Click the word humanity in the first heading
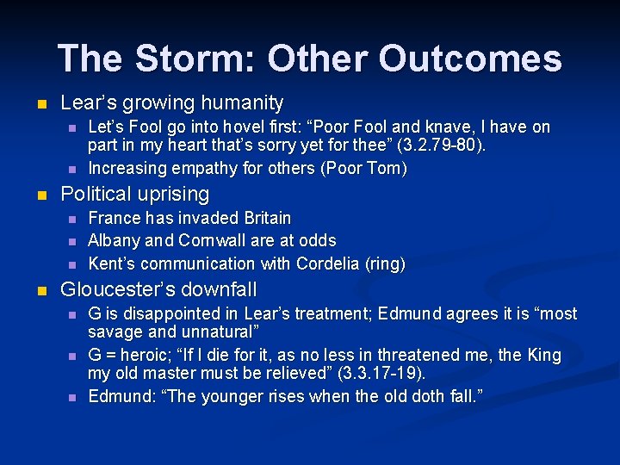pos(242,103)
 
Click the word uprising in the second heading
pos(170,195)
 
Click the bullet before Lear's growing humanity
pos(34,104)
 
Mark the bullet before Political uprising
pos(34,195)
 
